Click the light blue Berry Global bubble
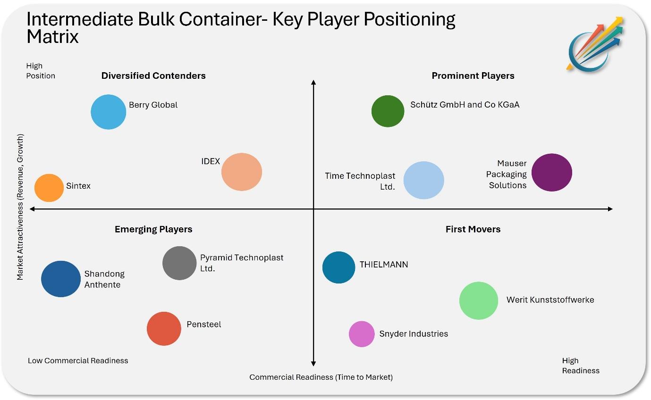point(109,112)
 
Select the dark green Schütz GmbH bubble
point(388,111)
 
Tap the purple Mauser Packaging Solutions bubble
point(551,172)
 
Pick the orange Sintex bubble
point(49,188)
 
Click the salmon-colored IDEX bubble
point(242,172)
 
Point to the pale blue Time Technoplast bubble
point(424,180)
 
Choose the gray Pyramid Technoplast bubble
point(179,263)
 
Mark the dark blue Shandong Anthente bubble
point(61,279)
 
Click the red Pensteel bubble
point(164,329)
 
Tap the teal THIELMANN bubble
point(338,267)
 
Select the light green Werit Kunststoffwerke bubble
point(479,300)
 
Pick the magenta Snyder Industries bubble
point(362,334)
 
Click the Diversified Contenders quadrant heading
point(153,75)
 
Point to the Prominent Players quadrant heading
point(473,75)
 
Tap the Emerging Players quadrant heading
point(153,229)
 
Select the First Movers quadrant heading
point(473,229)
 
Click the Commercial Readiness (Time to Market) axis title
point(321,377)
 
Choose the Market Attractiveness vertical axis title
point(20,207)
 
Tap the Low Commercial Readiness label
point(78,360)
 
